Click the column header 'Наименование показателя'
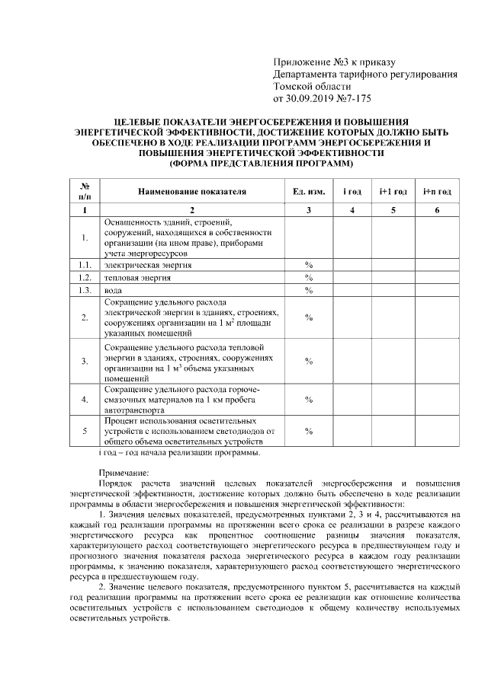coord(192,191)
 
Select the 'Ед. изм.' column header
coord(309,191)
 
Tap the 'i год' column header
coord(353,191)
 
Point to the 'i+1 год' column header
coord(393,191)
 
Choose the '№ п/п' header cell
coord(85,191)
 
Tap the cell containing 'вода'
coord(114,290)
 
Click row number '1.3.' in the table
coord(85,290)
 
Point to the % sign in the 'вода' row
coord(309,290)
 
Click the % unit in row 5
coord(309,431)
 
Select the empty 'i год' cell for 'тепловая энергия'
coord(353,277)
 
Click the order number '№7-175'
coord(355,98)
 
